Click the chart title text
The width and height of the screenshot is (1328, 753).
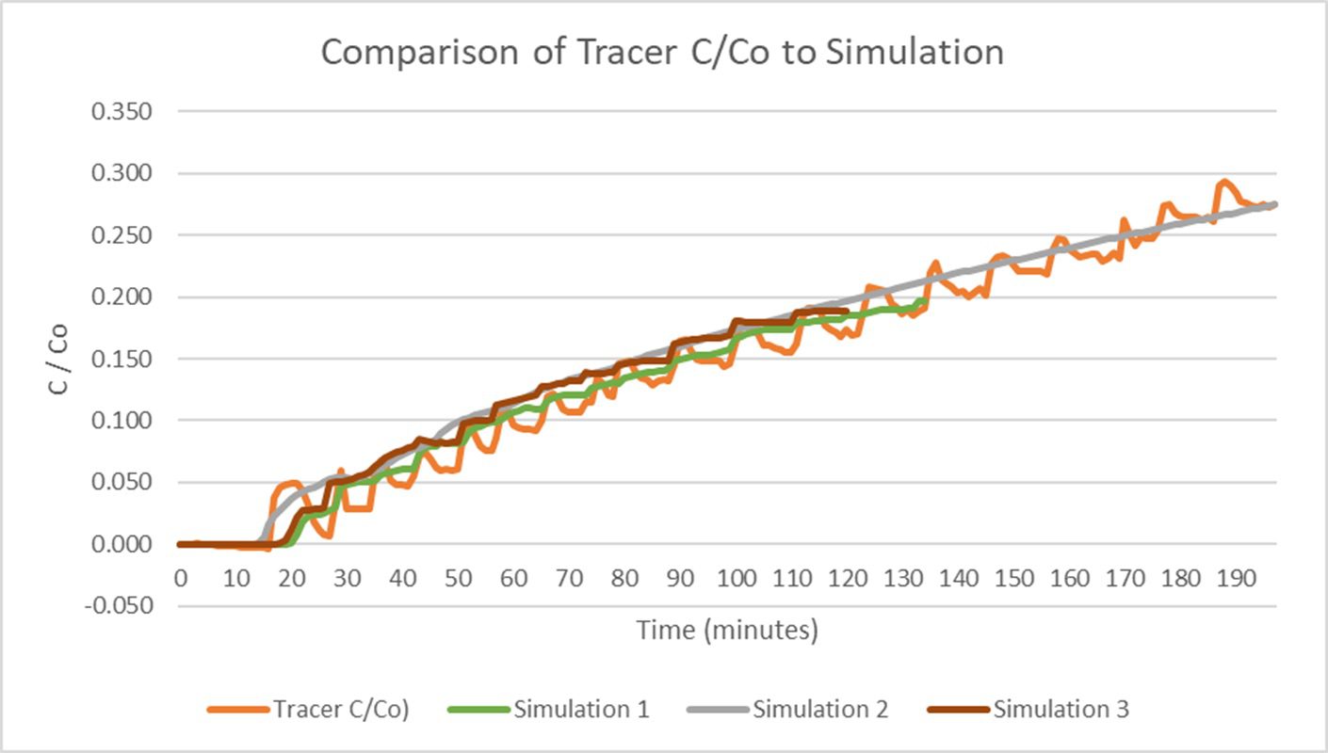[662, 52]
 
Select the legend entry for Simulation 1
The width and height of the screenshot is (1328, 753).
[580, 709]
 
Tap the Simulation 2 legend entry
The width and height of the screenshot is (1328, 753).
[819, 709]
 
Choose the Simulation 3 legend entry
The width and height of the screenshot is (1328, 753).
[1061, 709]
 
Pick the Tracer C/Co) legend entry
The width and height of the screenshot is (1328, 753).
[340, 709]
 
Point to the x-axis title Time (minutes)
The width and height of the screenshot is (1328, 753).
[727, 630]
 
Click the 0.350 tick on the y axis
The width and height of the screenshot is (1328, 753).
[121, 112]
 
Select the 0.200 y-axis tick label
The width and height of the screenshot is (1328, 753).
[121, 297]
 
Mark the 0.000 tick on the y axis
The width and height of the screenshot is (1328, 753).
[121, 544]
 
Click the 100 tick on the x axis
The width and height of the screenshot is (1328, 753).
[737, 577]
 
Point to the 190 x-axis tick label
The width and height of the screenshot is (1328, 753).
[1238, 577]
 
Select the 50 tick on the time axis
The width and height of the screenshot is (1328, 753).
[459, 577]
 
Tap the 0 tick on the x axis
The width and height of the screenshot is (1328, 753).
[180, 577]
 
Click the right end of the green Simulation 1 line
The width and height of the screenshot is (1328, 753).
[922, 301]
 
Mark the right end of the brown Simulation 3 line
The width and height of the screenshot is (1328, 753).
[848, 312]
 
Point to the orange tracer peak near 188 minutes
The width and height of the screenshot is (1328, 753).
[1224, 182]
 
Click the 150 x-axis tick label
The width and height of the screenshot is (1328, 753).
[1015, 577]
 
